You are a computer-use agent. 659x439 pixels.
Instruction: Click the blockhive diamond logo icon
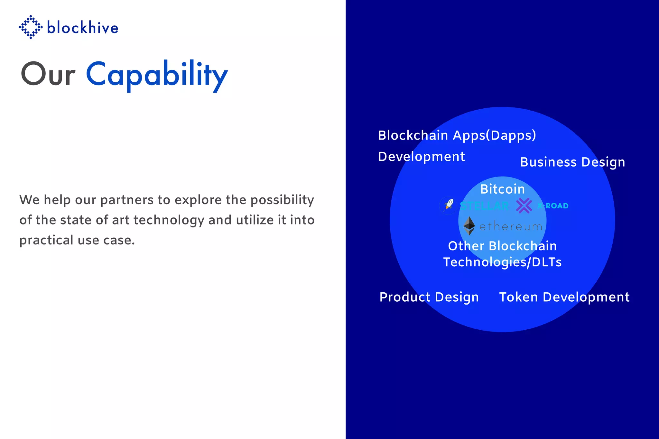point(31,27)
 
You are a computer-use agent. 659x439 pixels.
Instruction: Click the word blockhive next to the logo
point(83,28)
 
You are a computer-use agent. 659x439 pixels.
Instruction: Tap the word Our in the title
point(48,75)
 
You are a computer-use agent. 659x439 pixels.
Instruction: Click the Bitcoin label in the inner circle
point(502,189)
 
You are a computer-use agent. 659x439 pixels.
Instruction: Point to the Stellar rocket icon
point(448,205)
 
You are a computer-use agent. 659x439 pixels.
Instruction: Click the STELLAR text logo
point(485,206)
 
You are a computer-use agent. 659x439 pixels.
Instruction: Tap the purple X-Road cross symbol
point(524,206)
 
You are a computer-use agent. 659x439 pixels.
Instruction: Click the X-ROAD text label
point(553,206)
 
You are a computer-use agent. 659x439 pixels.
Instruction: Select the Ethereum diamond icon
point(469,226)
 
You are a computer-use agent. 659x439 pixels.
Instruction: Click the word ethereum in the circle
point(511,227)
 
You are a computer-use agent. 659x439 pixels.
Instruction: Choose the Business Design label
point(572,162)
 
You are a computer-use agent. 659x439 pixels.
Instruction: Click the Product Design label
point(429,297)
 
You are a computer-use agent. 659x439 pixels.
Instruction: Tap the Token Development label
point(564,297)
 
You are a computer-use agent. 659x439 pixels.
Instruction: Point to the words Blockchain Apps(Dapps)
point(457,135)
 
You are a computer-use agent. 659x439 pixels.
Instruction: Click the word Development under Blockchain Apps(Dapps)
point(421,157)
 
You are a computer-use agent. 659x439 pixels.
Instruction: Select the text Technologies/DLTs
point(502,262)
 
